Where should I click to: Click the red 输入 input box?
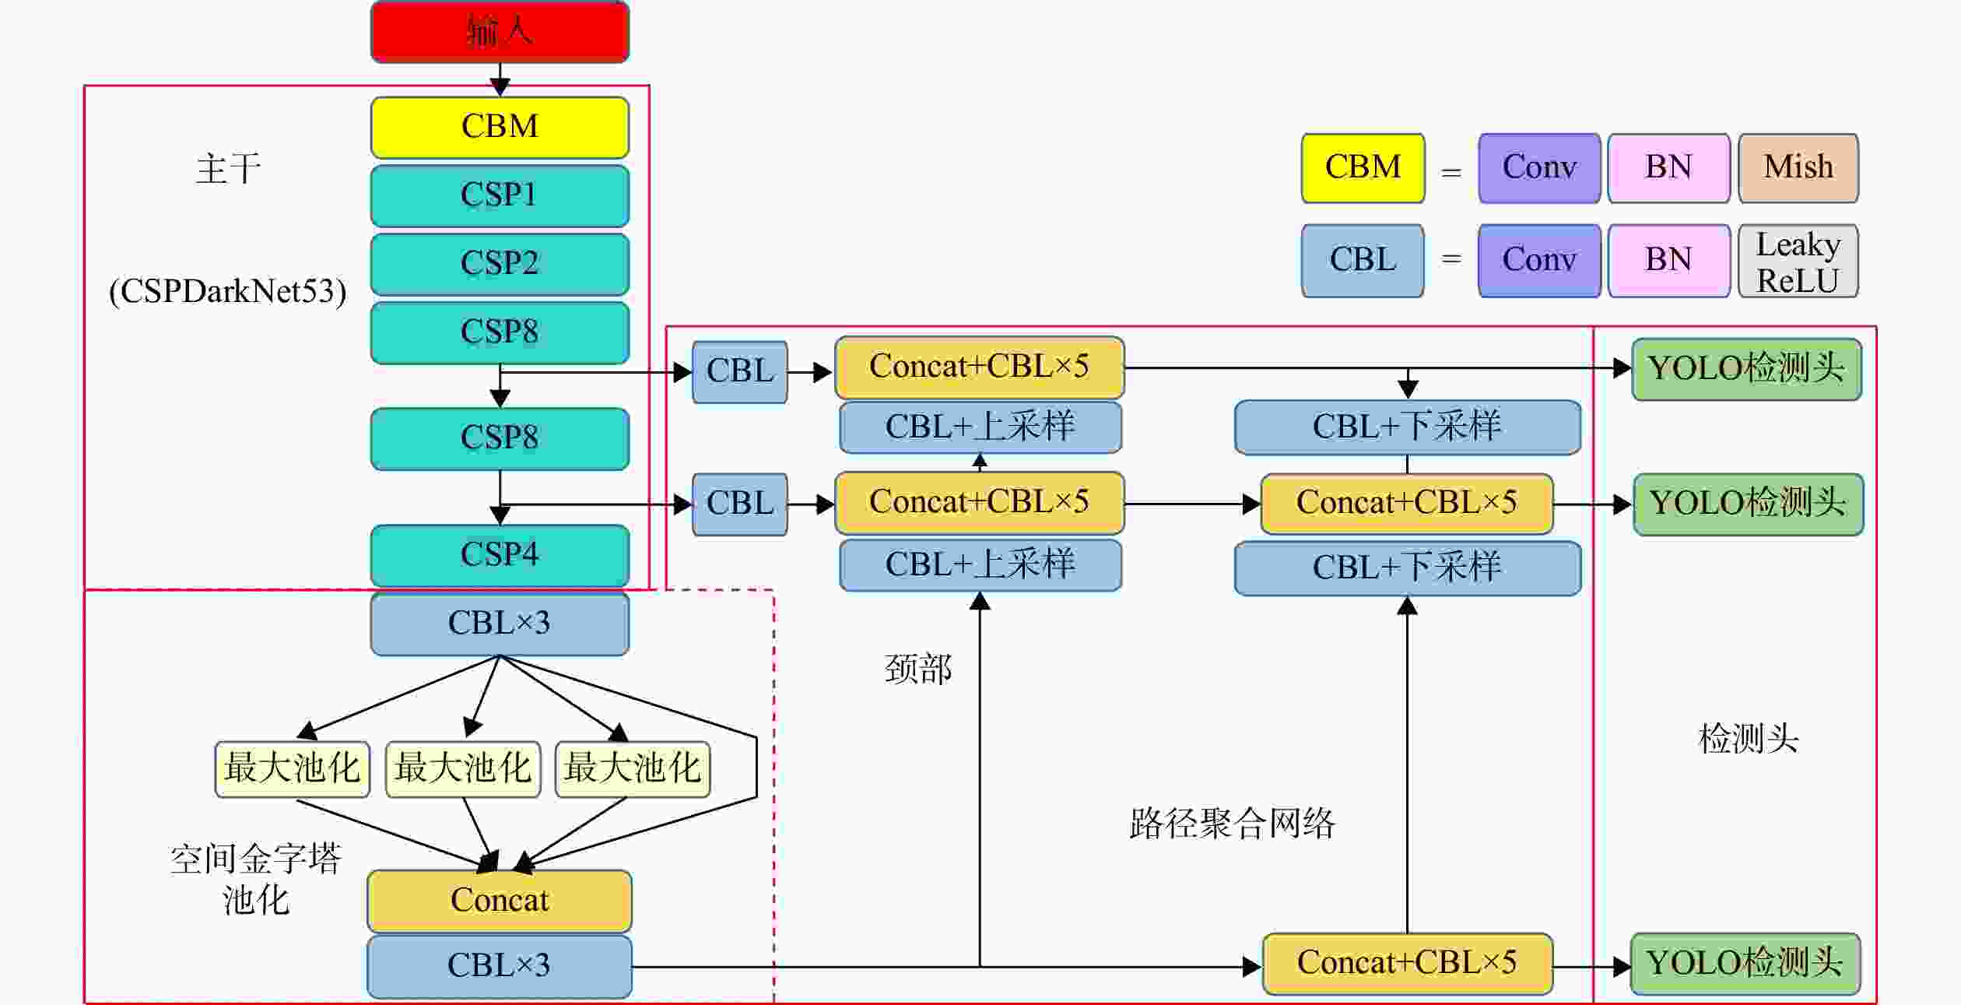[500, 32]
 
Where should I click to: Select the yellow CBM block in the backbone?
[500, 128]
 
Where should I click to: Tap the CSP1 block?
[500, 195]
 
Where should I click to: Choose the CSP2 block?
[500, 264]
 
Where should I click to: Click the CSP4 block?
[500, 555]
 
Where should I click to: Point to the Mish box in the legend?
[1798, 168]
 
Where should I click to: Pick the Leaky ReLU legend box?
[1798, 261]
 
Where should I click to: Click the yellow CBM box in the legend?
[1363, 168]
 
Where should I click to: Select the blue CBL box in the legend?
[1363, 261]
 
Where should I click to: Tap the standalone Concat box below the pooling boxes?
[500, 901]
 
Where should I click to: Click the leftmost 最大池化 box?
[292, 769]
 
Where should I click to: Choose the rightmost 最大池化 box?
[633, 769]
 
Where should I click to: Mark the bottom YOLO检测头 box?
[1745, 964]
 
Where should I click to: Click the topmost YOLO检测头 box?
[1747, 369]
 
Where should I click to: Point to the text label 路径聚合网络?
[1233, 824]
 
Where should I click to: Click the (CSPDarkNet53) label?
[228, 292]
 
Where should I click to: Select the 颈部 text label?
[918, 669]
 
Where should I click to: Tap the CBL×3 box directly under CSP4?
[500, 624]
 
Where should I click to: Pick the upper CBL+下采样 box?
[1408, 427]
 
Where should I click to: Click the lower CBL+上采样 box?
[980, 565]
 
